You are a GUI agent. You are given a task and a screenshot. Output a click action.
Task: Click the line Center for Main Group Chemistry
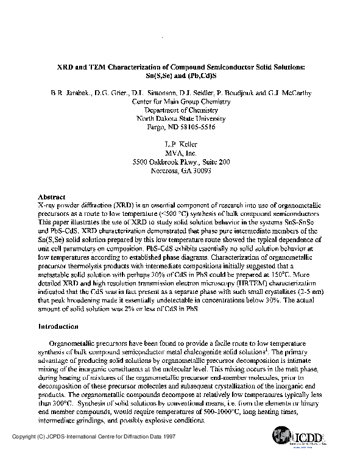coord(179,101)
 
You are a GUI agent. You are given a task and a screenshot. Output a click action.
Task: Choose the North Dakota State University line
coord(179,118)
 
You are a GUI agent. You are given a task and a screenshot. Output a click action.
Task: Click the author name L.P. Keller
coord(179,144)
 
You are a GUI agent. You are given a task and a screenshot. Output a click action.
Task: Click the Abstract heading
coord(50,198)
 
